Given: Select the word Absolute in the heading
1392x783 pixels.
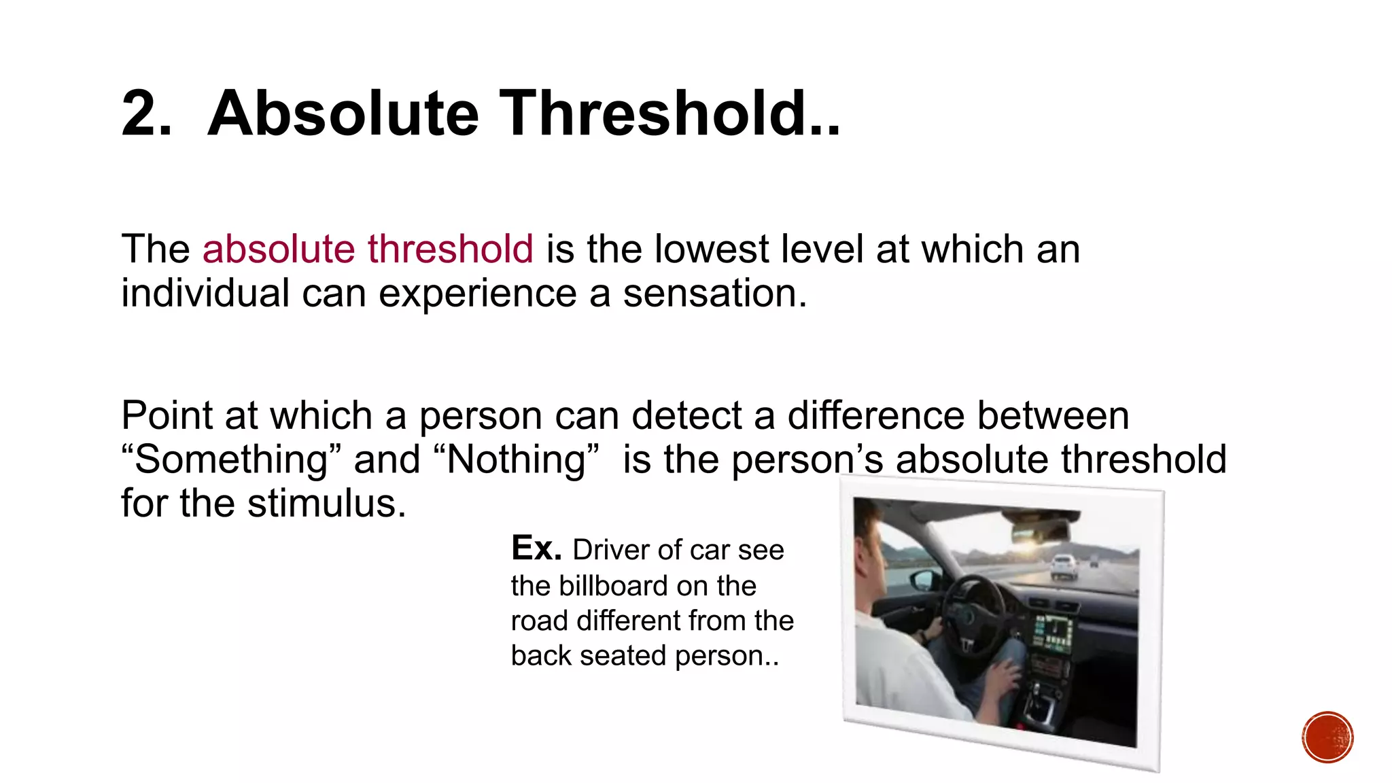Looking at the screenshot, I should (343, 114).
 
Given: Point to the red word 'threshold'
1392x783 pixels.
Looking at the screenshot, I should (450, 249).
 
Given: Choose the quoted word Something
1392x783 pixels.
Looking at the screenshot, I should (231, 459).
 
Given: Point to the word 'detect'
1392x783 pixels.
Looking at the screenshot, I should (686, 415).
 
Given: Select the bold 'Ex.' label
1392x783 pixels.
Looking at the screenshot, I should (536, 549).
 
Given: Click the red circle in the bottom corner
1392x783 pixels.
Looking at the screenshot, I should (1327, 737).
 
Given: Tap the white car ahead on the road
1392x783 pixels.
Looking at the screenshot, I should (1063, 566).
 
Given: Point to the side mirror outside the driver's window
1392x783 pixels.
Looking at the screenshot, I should (923, 580).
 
